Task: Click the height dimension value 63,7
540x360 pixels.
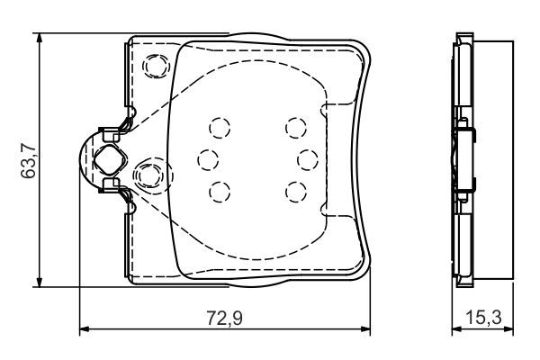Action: [x=28, y=160]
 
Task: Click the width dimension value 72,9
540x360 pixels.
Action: [x=224, y=318]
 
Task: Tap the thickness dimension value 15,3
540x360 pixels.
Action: [x=483, y=318]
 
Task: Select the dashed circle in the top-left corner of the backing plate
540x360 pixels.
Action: [x=157, y=66]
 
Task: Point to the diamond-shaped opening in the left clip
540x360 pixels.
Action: [x=108, y=160]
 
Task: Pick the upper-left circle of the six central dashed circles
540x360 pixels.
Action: [x=220, y=128]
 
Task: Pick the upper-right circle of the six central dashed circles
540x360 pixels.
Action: [x=296, y=128]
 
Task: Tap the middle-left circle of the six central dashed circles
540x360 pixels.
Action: [x=209, y=160]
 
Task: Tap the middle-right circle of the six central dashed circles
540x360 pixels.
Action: [x=307, y=160]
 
